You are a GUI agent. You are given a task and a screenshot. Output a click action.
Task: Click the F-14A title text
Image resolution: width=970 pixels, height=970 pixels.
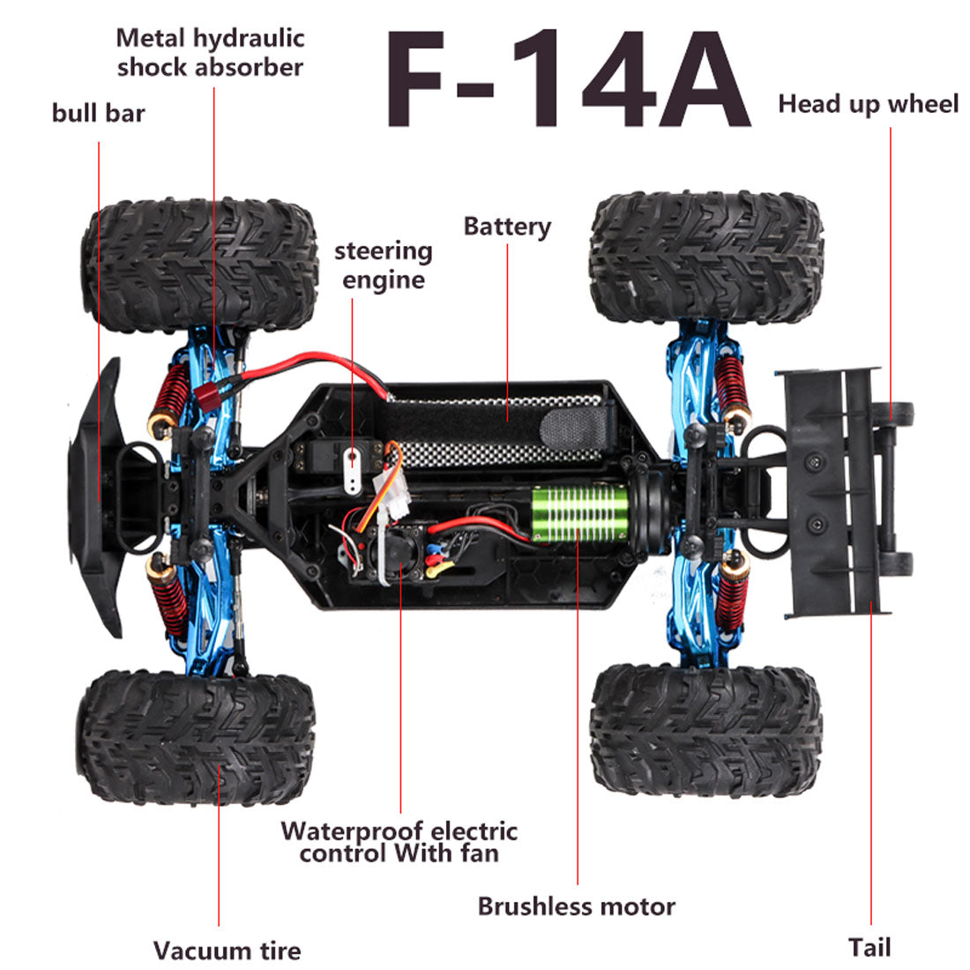click(565, 81)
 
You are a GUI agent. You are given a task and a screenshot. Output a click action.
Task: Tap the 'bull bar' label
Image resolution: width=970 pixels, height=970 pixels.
click(98, 113)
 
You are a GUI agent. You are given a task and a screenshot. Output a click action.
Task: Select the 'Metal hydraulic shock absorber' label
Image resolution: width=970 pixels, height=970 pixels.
click(211, 53)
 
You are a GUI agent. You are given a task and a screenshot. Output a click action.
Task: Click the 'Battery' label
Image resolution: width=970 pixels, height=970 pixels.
click(507, 227)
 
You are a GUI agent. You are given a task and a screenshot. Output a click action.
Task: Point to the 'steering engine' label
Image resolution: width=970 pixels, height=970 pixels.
click(383, 265)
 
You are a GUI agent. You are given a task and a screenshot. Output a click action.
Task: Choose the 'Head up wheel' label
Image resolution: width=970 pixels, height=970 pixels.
click(868, 104)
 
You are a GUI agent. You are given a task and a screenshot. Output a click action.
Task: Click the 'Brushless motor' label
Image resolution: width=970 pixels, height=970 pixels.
click(577, 906)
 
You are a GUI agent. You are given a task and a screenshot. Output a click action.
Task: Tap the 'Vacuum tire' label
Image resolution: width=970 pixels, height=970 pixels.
click(227, 951)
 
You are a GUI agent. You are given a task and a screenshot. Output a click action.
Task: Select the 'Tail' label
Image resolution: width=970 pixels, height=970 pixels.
click(869, 948)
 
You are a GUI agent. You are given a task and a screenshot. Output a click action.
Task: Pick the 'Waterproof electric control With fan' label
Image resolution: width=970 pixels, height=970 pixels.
click(399, 842)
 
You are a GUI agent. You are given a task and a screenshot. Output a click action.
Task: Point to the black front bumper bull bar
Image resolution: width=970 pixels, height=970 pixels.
click(95, 498)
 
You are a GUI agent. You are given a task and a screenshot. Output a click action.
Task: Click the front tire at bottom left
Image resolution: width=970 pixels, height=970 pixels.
click(196, 736)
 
